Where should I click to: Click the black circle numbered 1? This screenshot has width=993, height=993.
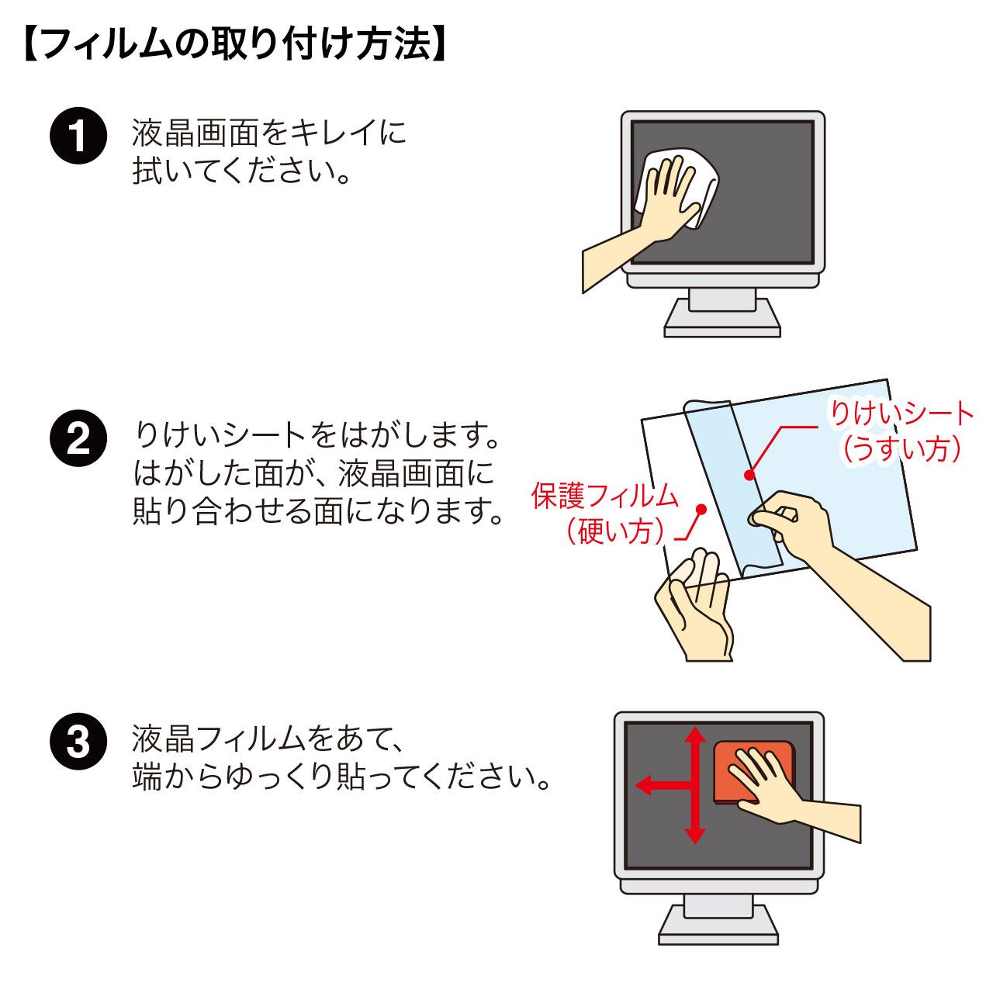pyautogui.click(x=78, y=136)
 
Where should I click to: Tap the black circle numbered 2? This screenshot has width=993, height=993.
pyautogui.click(x=78, y=438)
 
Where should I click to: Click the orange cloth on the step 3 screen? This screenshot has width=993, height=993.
pyautogui.click(x=753, y=771)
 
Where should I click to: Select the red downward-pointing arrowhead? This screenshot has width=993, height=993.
pyautogui.click(x=695, y=836)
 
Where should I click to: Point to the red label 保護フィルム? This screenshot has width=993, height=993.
pyautogui.click(x=604, y=496)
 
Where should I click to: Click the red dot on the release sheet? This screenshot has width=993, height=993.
pyautogui.click(x=749, y=475)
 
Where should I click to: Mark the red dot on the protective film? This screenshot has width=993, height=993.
pyautogui.click(x=701, y=510)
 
